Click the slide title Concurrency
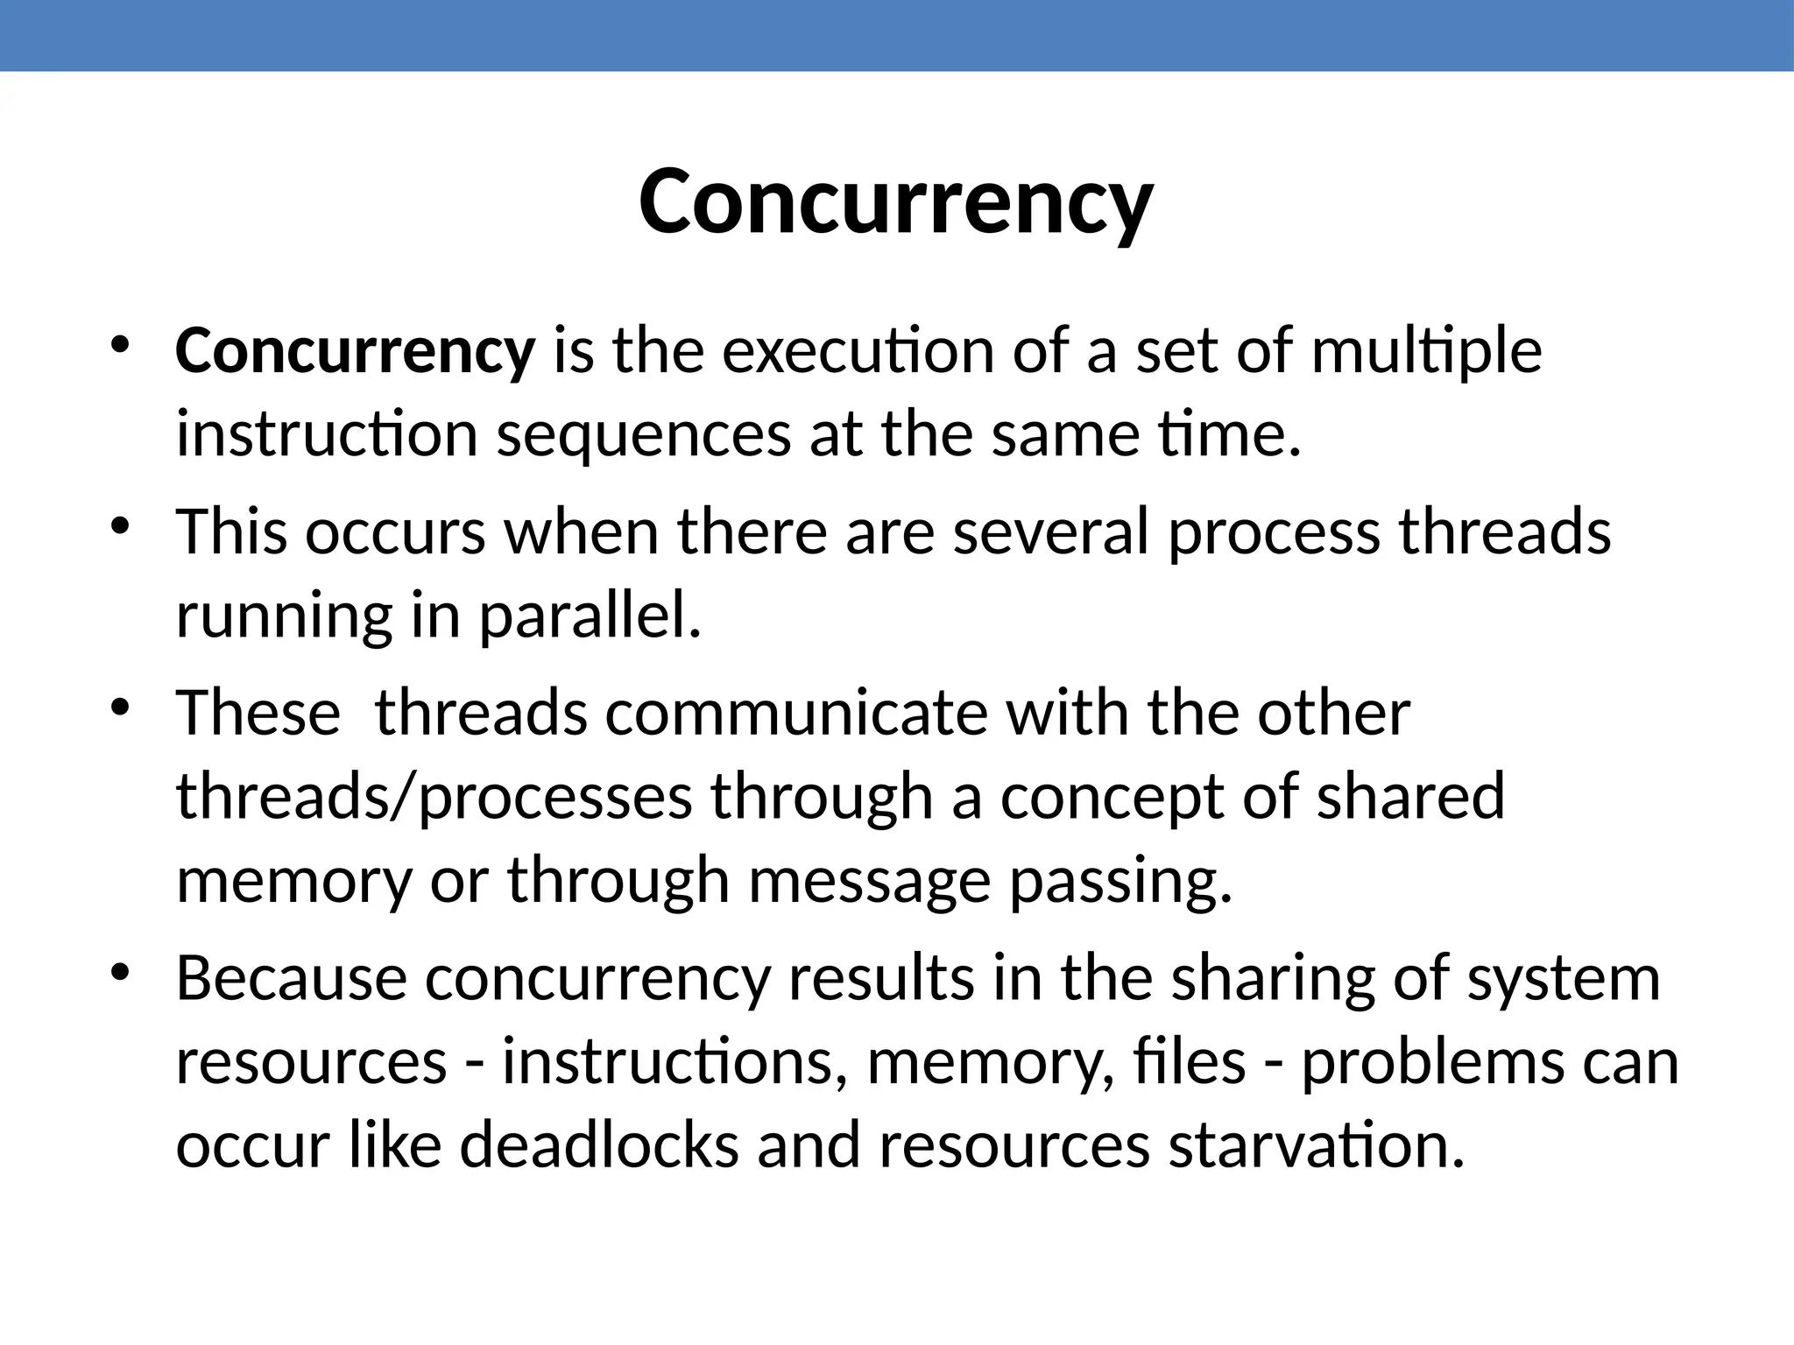click(895, 202)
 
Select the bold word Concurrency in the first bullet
click(355, 351)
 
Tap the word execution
click(858, 351)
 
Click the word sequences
click(644, 436)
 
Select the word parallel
click(590, 616)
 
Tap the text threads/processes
click(434, 797)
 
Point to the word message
click(869, 881)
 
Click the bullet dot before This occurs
click(121, 526)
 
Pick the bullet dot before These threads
click(121, 707)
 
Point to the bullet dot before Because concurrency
click(121, 972)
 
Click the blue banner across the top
click(897, 35)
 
